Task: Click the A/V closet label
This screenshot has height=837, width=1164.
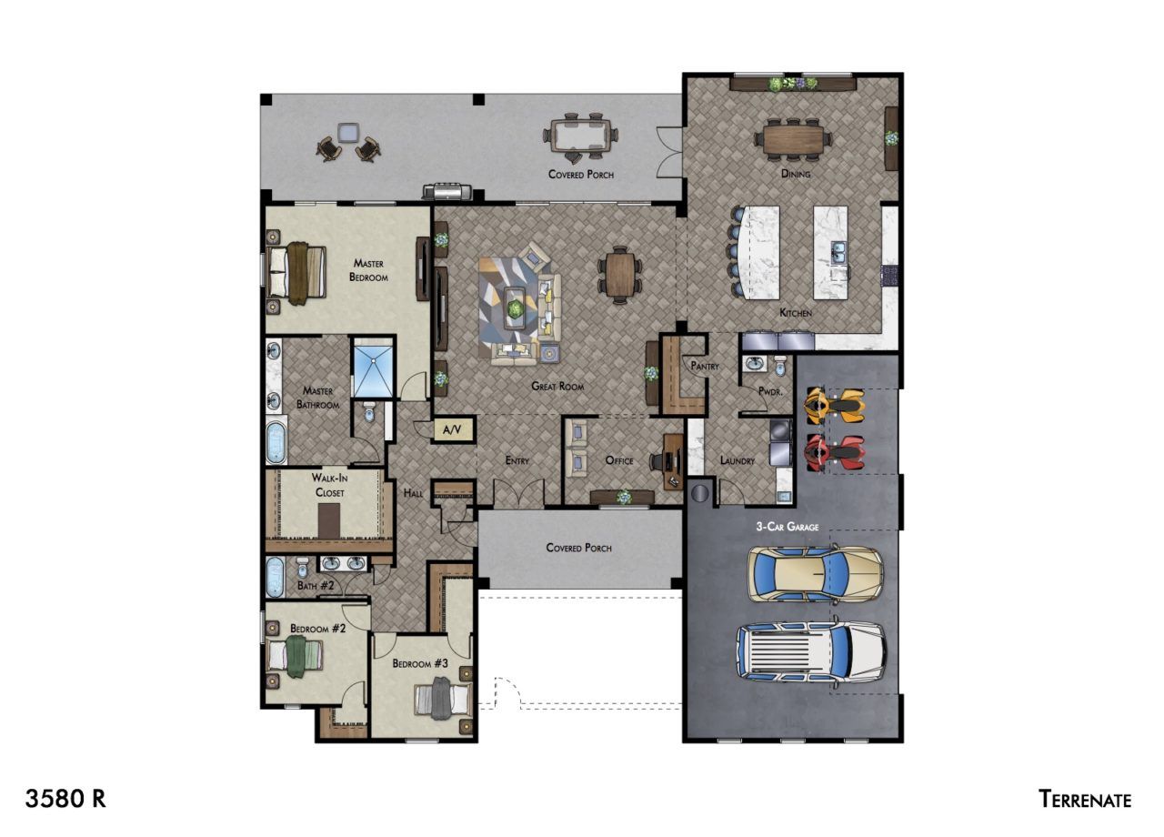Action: [452, 430]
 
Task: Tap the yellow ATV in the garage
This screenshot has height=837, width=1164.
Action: [835, 405]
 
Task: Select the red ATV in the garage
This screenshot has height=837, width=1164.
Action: [835, 453]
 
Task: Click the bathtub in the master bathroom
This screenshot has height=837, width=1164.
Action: [276, 442]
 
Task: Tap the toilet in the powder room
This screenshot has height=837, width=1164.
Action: [780, 366]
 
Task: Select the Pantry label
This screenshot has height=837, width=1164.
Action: [705, 366]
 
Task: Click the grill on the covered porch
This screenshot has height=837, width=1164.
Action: [447, 191]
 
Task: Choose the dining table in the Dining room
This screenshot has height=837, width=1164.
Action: [794, 139]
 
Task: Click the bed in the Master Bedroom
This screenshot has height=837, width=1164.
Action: [296, 272]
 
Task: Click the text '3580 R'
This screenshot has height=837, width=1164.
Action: [65, 799]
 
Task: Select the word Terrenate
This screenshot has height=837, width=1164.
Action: [1085, 800]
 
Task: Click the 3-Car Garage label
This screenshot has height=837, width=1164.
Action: [788, 527]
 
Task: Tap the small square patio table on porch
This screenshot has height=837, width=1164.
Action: [347, 132]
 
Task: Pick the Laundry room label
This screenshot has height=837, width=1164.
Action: [738, 460]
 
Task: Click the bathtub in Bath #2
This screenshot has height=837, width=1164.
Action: [275, 577]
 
